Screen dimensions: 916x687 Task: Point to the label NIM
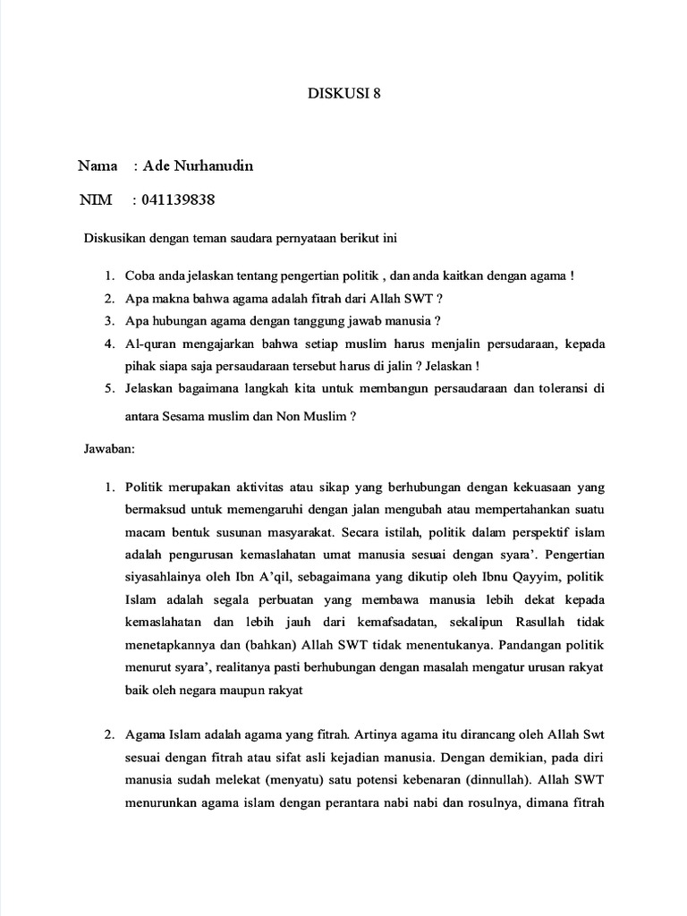[x=95, y=199]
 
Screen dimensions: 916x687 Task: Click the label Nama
[x=98, y=166]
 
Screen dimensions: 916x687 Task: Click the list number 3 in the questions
[x=107, y=321]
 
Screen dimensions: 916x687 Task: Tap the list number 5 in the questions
[x=107, y=389]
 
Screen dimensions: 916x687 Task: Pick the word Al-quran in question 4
[x=149, y=343]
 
